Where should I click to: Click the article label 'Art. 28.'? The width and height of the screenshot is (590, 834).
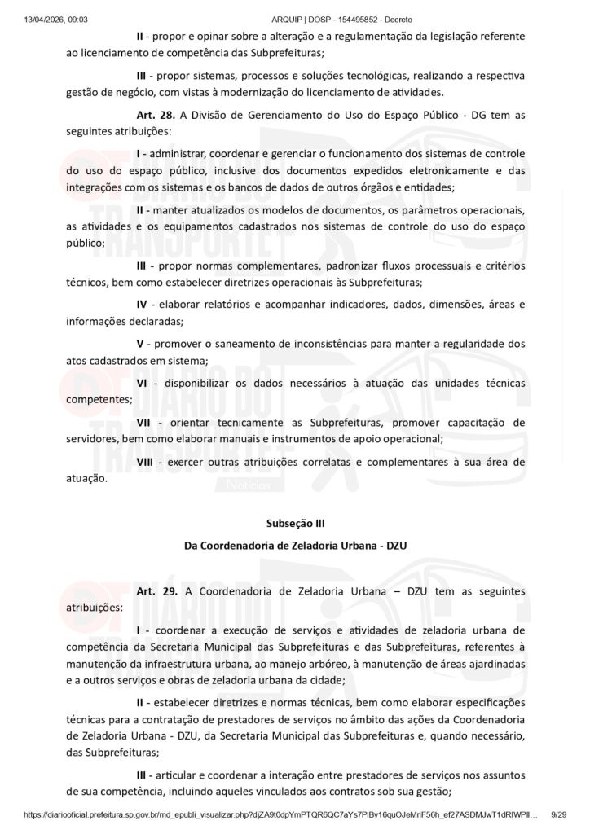point(156,115)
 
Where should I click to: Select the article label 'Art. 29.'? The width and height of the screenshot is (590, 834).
point(157,590)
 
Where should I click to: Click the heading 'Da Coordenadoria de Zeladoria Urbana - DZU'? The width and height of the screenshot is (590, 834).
point(295,546)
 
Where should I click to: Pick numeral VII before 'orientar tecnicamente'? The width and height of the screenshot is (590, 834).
point(144,423)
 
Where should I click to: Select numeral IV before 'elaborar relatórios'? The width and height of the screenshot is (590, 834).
point(142,304)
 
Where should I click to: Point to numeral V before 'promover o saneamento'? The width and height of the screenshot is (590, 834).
point(139,344)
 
